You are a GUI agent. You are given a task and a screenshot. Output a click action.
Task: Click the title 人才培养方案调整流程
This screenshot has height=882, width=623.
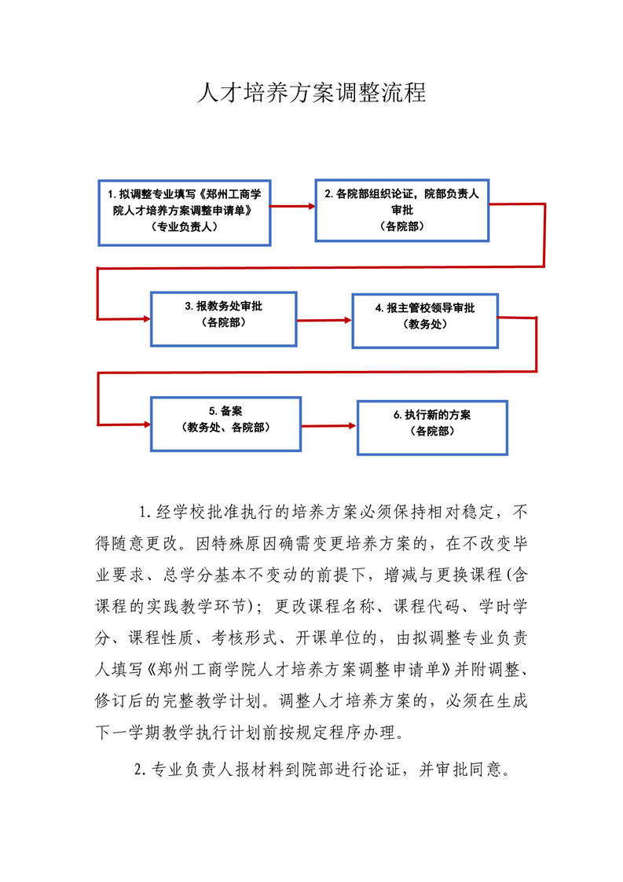tap(311, 93)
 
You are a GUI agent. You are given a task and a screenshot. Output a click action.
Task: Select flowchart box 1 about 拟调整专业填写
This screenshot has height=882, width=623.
tap(185, 212)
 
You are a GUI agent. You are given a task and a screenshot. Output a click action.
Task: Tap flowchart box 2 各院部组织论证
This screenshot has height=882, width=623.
tap(402, 211)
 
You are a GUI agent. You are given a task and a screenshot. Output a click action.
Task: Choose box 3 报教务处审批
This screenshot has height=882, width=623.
tap(224, 319)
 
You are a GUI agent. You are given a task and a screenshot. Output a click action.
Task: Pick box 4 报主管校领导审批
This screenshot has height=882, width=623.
tap(425, 321)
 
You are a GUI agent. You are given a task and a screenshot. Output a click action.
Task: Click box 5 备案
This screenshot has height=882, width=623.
tap(225, 424)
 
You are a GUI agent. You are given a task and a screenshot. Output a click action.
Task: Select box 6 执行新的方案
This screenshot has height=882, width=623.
tap(432, 428)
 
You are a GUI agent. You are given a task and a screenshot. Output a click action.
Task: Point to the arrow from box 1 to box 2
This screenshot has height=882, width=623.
tap(293, 207)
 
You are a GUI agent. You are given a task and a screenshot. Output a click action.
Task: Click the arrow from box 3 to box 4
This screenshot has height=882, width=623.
tap(324, 321)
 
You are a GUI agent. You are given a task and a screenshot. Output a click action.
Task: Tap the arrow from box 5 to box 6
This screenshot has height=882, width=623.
tap(329, 426)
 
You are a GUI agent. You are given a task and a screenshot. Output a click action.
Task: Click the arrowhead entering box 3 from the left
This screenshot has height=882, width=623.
tap(148, 319)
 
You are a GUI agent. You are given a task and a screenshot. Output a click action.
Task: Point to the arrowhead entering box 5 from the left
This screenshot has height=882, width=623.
tap(148, 424)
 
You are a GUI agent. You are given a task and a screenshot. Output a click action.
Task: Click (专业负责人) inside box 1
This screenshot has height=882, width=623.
tap(185, 226)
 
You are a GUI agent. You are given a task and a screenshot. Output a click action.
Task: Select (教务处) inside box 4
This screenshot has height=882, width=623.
tap(425, 324)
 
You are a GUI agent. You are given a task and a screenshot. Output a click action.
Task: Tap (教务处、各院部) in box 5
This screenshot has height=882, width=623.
tap(225, 428)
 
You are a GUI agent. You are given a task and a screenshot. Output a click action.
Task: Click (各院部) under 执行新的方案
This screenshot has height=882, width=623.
tap(432, 431)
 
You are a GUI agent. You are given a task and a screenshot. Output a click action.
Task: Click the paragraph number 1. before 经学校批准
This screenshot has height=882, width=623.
tap(145, 512)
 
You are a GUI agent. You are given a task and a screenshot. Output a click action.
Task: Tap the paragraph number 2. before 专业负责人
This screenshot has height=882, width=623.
tap(141, 769)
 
